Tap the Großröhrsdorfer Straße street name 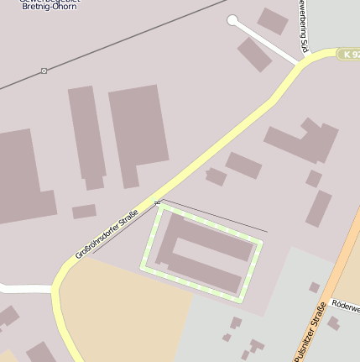[107, 234]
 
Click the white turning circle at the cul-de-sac [232, 20]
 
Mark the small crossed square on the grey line [44, 71]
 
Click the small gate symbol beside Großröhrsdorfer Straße [157, 202]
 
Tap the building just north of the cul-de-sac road [272, 20]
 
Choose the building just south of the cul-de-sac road [253, 54]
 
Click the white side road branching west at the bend [25, 289]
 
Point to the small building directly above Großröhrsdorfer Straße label [83, 212]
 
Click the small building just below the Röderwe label [333, 323]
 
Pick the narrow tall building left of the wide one [87, 134]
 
